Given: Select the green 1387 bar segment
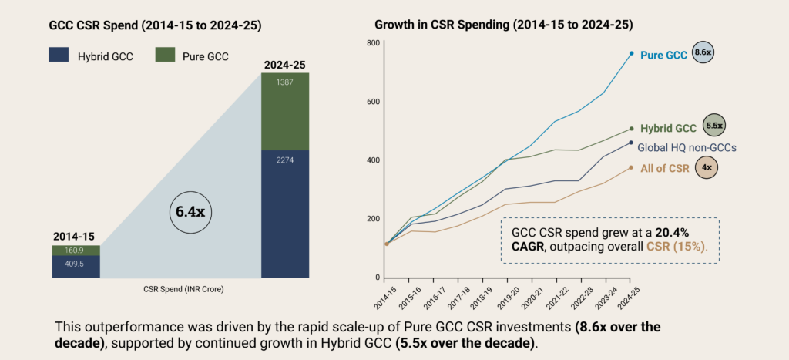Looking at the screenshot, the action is click(285, 111).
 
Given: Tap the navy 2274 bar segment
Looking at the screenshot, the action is click(285, 214).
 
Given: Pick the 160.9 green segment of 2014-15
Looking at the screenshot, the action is click(76, 251).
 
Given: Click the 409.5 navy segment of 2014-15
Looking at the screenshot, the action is click(76, 267).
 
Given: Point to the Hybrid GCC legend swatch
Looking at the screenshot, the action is click(59, 55).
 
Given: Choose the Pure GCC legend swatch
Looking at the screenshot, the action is click(165, 55).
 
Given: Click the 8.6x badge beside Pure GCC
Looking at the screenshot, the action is click(703, 52).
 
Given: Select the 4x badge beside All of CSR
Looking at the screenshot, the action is click(706, 167).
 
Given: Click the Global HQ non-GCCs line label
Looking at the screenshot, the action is click(687, 147).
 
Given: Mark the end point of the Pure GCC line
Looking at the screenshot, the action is click(631, 53).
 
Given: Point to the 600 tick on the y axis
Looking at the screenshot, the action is click(374, 101).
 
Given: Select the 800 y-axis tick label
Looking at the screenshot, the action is click(374, 43).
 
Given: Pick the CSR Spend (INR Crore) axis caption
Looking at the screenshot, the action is click(180, 290).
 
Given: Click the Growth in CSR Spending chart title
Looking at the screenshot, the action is click(503, 25).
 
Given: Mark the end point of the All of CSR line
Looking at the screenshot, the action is click(631, 167).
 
